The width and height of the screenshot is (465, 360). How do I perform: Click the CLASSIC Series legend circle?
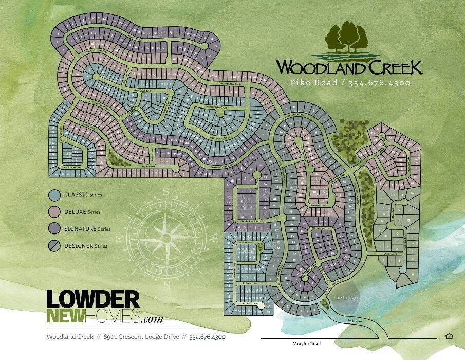55,195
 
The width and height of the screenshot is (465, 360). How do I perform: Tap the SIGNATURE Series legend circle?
55,229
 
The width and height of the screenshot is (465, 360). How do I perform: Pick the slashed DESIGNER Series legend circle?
55,246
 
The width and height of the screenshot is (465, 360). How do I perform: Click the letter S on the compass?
166,191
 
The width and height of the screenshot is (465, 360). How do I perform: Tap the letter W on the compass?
213,238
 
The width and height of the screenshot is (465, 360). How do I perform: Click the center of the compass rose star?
166,238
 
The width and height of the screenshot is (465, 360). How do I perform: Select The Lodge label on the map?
344,298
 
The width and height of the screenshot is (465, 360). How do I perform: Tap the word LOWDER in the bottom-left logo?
93,300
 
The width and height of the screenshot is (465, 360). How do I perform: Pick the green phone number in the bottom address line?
207,337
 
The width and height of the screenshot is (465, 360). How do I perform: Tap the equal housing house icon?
449,336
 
